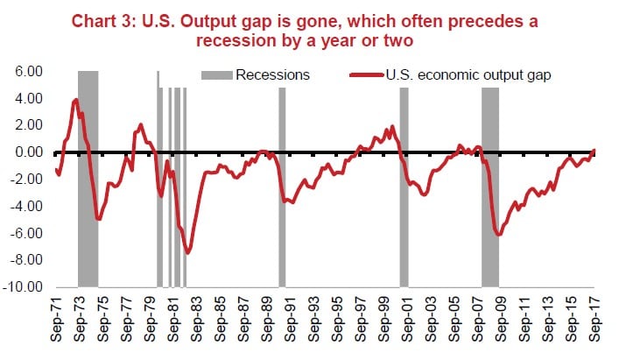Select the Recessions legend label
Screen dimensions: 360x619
[x=272, y=75]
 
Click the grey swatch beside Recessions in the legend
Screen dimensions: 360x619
[x=217, y=75]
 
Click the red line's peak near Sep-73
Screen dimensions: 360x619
[x=76, y=100]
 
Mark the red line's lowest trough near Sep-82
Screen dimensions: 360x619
[x=188, y=252]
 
